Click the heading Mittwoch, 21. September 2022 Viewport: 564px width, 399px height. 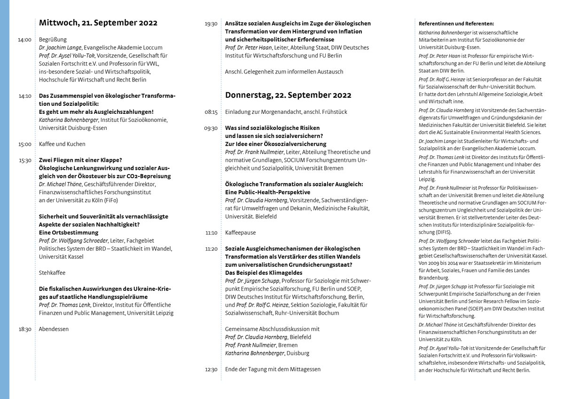(98, 23)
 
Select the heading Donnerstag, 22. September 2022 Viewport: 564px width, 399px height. (288, 95)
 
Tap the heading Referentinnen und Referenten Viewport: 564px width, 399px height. (456, 24)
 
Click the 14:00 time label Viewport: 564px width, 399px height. (25, 40)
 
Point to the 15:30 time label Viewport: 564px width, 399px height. (25, 160)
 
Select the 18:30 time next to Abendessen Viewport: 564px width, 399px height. (25, 329)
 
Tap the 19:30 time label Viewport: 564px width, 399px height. (211, 24)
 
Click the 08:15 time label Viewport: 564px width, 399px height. (211, 112)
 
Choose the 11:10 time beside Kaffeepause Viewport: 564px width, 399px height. (211, 232)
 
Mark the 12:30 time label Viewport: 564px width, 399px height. (211, 369)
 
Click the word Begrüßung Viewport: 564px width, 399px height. (53, 40)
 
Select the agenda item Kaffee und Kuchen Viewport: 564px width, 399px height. (62, 144)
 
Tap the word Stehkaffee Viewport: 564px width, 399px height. (52, 272)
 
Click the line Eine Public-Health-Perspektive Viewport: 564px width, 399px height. (267, 192)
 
